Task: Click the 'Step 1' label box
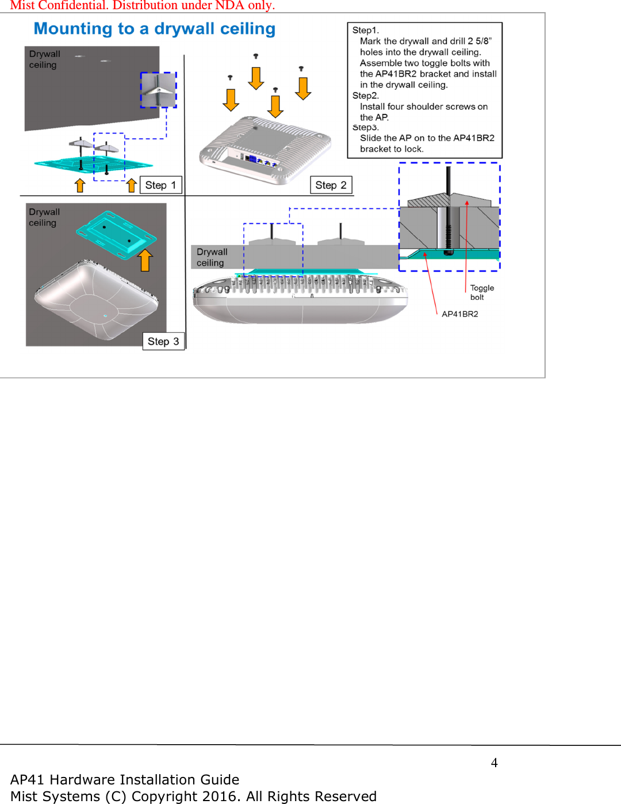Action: click(x=160, y=185)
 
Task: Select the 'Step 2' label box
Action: click(x=331, y=185)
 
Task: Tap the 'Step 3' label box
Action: click(x=163, y=341)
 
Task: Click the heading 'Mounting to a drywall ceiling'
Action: click(x=155, y=29)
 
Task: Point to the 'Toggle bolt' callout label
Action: click(x=482, y=292)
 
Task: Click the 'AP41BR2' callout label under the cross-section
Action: click(x=459, y=314)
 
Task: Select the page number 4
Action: click(x=494, y=763)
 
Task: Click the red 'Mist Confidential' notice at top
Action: click(x=143, y=6)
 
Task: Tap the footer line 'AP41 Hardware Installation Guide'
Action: click(x=125, y=780)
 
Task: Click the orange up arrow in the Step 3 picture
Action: click(x=145, y=260)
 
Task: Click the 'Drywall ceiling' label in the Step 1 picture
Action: click(x=44, y=59)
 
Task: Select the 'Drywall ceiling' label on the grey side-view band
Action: click(x=212, y=257)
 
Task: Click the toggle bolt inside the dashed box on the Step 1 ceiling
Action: click(x=158, y=90)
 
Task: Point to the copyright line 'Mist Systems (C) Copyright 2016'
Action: click(x=193, y=797)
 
